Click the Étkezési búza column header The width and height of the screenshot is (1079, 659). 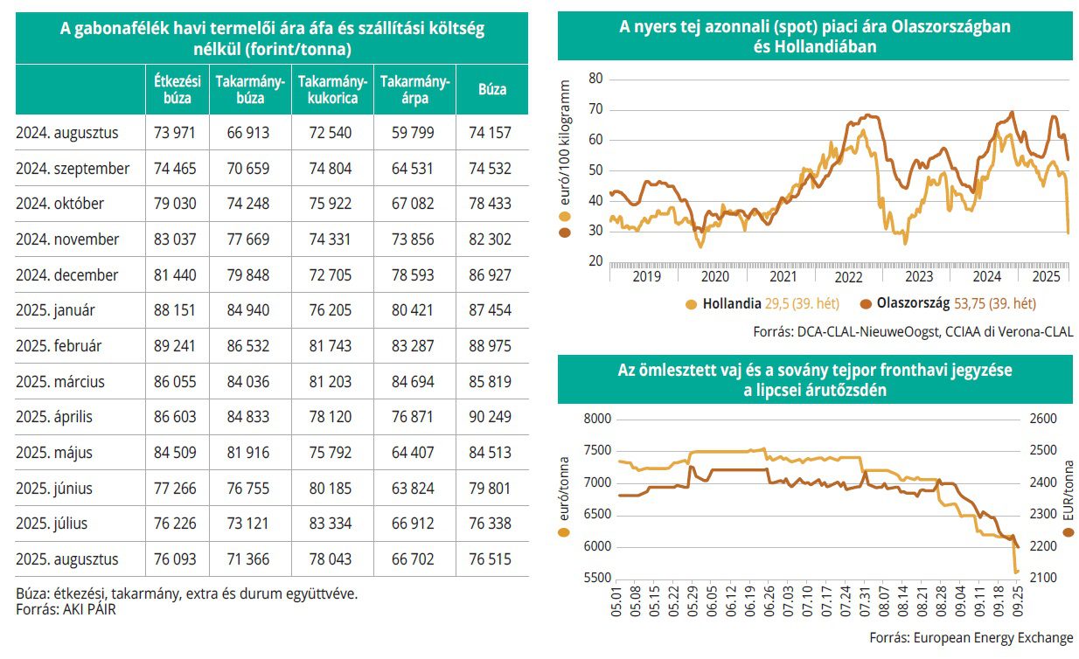[x=178, y=89]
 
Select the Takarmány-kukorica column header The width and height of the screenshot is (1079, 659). [x=332, y=89]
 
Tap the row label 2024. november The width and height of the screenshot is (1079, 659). [x=67, y=239]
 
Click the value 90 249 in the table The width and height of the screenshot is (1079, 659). [x=492, y=417]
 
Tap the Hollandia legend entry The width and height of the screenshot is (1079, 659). [x=730, y=304]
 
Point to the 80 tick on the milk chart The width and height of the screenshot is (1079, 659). [x=596, y=79]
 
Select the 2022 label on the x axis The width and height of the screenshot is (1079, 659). [x=850, y=277]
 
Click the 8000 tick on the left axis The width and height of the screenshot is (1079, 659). [x=596, y=419]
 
